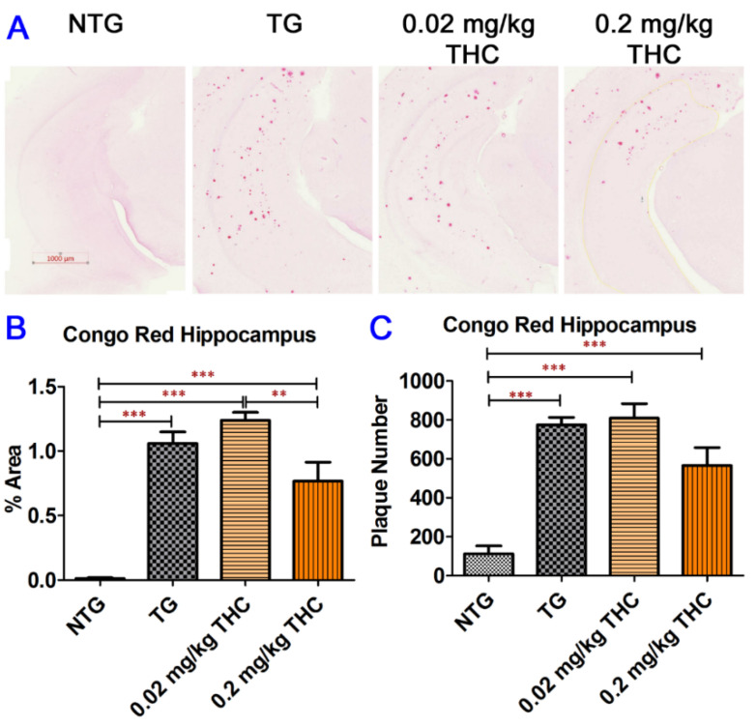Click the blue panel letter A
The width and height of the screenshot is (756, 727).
[18, 28]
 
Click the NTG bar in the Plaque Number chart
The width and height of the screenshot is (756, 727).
[488, 565]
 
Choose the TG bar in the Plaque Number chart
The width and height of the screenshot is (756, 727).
[560, 500]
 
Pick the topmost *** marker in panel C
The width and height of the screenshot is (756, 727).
[596, 343]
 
